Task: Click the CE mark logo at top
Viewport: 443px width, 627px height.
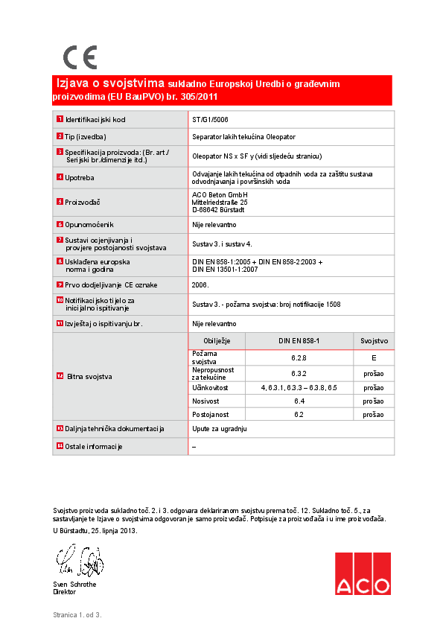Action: click(80, 57)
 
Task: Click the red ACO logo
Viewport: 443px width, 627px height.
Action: click(362, 573)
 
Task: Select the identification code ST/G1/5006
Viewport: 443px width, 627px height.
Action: click(210, 119)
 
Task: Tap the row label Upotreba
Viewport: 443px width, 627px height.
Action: click(80, 177)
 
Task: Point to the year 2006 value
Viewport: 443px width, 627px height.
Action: click(201, 284)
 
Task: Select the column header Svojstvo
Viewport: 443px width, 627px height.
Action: click(374, 340)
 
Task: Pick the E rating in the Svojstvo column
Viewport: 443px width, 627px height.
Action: click(374, 358)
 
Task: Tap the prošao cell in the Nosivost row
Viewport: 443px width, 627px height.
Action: click(374, 401)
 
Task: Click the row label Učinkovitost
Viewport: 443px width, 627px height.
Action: click(210, 388)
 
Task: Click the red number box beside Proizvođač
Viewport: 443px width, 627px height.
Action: click(60, 202)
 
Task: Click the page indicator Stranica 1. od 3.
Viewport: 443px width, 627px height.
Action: click(77, 615)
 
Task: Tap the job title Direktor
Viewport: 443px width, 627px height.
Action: click(64, 591)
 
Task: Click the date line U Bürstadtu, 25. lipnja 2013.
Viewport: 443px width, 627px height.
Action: click(95, 531)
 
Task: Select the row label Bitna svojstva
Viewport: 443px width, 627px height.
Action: click(89, 377)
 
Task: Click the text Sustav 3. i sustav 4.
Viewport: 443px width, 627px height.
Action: click(223, 244)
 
